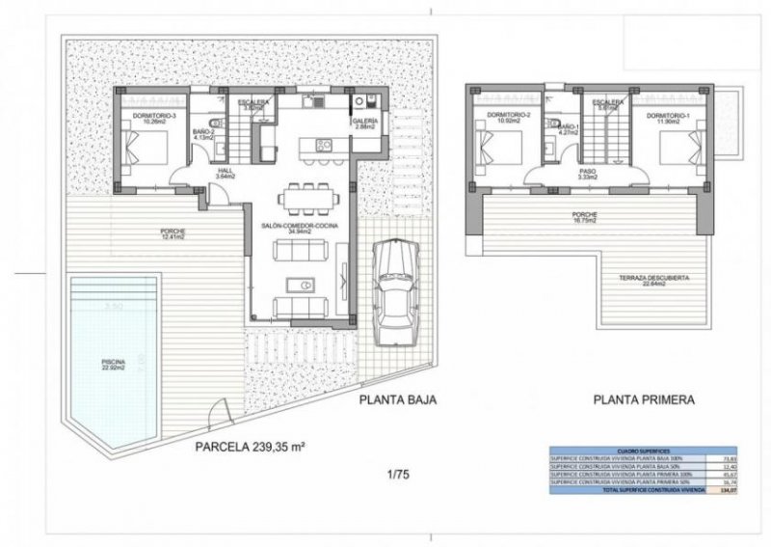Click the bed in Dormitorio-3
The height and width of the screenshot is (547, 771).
[146, 149]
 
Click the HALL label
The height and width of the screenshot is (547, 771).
[199, 173]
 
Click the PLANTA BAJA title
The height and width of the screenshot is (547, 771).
[397, 398]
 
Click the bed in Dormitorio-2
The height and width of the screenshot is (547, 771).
[500, 149]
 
